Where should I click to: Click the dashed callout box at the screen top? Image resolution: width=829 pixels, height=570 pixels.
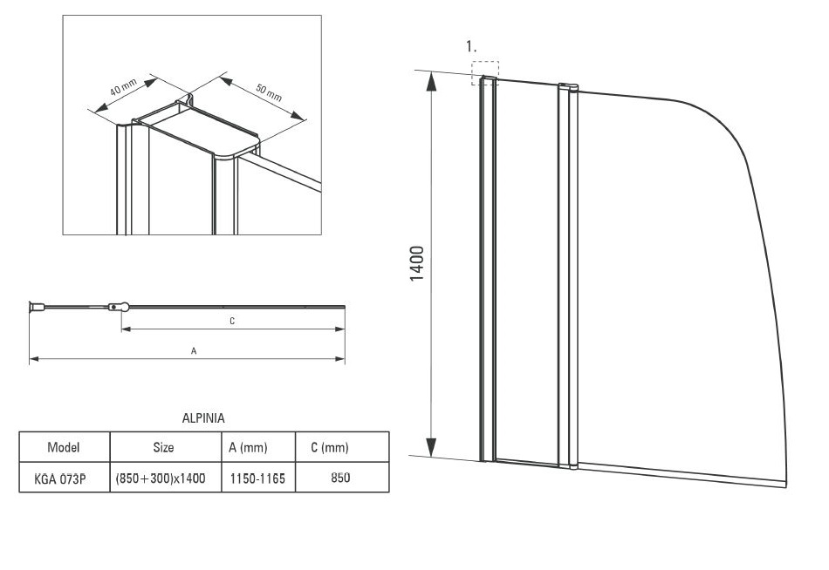point(485,72)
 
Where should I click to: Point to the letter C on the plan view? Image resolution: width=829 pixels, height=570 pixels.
point(232,321)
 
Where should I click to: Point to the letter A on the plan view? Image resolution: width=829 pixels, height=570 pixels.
point(193,350)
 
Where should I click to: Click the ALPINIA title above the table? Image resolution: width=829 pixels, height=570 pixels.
point(202,418)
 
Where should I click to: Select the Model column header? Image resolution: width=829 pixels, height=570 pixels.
point(64,448)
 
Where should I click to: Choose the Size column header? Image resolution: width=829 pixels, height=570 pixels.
point(163,448)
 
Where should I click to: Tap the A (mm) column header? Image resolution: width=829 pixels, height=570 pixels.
point(248,448)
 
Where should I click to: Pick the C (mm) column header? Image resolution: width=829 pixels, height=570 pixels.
point(329,448)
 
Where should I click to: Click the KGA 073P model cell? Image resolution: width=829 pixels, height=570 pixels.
point(64,478)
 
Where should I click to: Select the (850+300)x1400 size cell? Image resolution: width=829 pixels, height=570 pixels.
point(163,478)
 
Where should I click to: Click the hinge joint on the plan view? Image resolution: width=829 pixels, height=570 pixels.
point(118,307)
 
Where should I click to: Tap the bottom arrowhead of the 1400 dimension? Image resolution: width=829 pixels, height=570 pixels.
point(431,446)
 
